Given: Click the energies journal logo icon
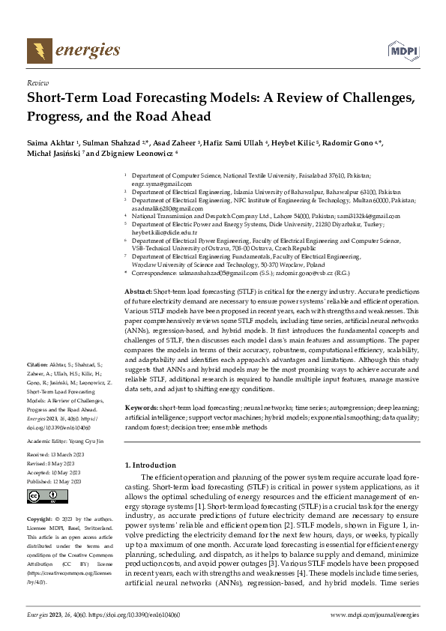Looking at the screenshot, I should (36, 51).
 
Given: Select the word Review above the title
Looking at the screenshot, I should (37, 83).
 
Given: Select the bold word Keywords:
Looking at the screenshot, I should (141, 406).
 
